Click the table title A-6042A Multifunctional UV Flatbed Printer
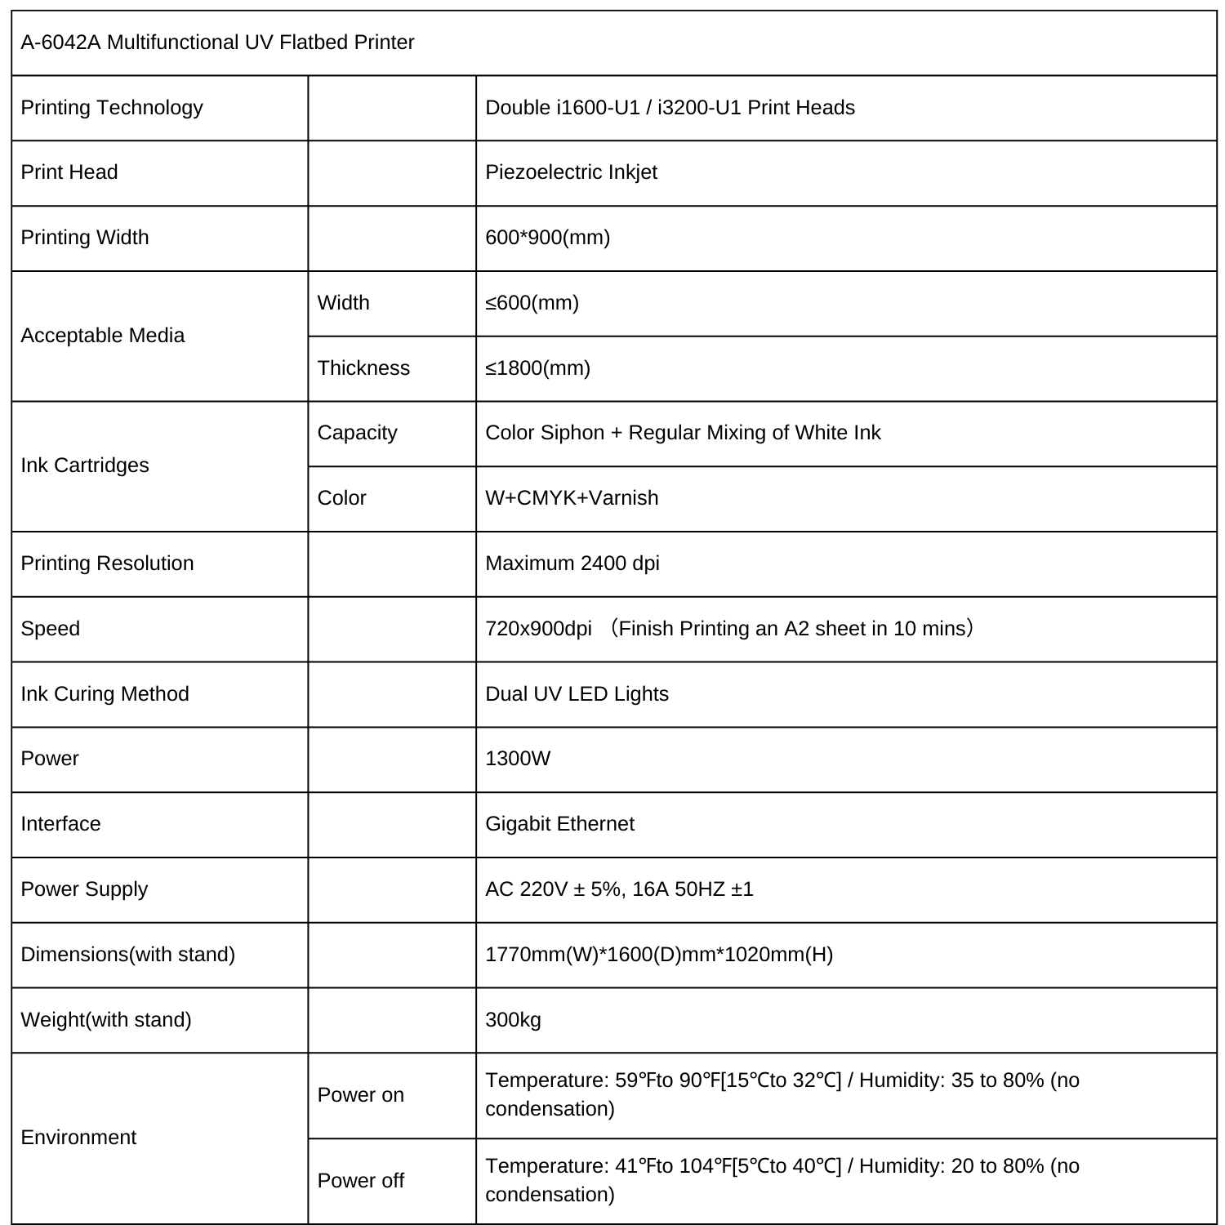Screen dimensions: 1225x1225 point(217,42)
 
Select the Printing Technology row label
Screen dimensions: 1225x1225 point(112,108)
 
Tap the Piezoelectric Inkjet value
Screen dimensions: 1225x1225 point(571,172)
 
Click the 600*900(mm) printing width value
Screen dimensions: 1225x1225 point(547,238)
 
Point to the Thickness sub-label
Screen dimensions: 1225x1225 point(363,368)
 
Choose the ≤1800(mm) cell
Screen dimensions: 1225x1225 point(537,368)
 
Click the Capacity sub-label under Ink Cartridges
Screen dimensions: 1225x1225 point(357,433)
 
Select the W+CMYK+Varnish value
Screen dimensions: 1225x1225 point(572,498)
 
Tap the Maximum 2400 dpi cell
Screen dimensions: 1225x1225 point(572,563)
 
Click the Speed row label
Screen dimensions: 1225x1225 point(50,629)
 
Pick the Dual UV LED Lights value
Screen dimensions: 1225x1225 point(577,694)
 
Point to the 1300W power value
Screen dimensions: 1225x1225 point(518,759)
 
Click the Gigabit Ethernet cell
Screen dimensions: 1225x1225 point(559,824)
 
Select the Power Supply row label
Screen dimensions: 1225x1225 point(84,889)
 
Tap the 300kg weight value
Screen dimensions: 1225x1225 point(513,1020)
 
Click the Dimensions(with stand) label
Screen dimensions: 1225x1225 point(127,955)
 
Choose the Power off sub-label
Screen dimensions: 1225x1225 point(360,1181)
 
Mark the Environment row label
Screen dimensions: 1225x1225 point(78,1138)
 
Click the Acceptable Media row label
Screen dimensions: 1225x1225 point(102,336)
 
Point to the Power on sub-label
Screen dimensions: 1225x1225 point(360,1095)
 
